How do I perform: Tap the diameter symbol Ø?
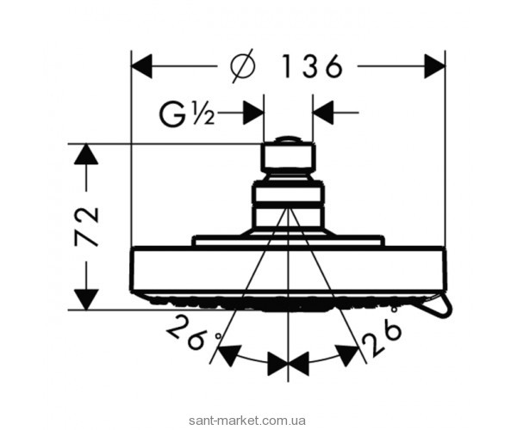(244, 64)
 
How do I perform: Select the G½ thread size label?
(186, 113)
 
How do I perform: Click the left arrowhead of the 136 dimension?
(142, 64)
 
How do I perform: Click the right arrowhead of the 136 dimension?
(433, 64)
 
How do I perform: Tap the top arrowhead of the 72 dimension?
(85, 156)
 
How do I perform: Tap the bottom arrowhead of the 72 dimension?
(85, 297)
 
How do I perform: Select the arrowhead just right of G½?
(252, 113)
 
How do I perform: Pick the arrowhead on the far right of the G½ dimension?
(323, 113)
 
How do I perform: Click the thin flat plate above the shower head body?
(287, 243)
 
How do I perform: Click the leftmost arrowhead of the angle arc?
(227, 354)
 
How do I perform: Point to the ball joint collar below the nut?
(287, 203)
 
